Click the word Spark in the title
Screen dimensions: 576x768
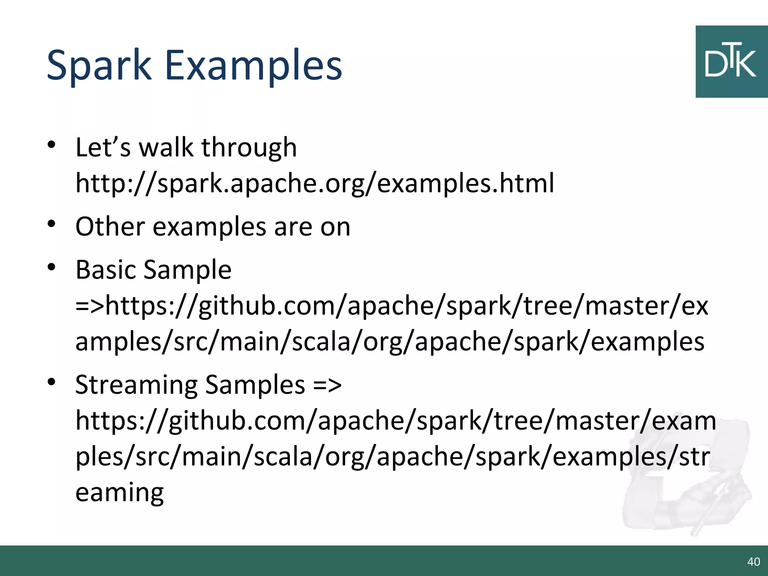point(99,66)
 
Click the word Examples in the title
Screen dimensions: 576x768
point(253,66)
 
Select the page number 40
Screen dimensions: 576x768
point(753,562)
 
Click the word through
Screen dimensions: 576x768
point(249,148)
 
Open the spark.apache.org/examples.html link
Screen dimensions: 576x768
point(314,183)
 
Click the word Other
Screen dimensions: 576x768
point(110,227)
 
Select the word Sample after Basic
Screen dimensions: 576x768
point(187,270)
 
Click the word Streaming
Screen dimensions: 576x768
point(136,385)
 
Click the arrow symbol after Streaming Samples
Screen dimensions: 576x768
point(327,385)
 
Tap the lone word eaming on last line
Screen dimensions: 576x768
point(119,492)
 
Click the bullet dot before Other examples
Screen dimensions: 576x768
point(52,224)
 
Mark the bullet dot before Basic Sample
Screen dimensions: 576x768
point(52,267)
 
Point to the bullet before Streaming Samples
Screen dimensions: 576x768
point(52,382)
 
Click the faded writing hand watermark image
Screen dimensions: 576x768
point(686,484)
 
